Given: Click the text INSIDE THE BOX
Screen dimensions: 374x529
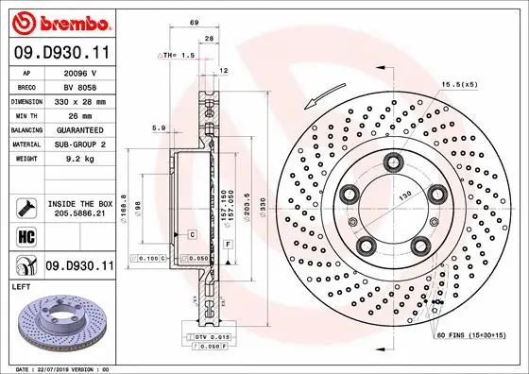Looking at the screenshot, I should [x=79, y=204].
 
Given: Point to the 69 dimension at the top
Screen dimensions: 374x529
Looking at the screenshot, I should [x=194, y=21].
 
